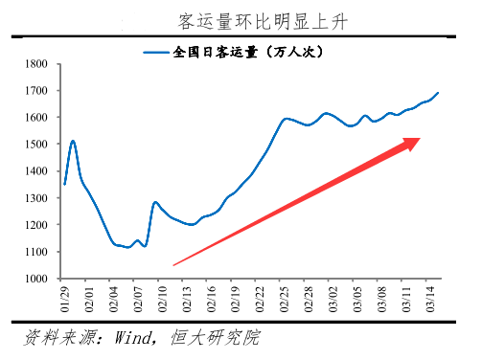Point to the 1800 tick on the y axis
tap(37, 64)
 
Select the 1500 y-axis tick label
tap(37, 145)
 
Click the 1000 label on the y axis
tap(37, 279)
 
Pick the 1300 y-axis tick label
tap(37, 198)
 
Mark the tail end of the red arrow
tap(174, 264)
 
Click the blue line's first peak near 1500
tap(73, 142)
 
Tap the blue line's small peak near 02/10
tap(155, 202)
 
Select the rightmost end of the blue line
tap(438, 93)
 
